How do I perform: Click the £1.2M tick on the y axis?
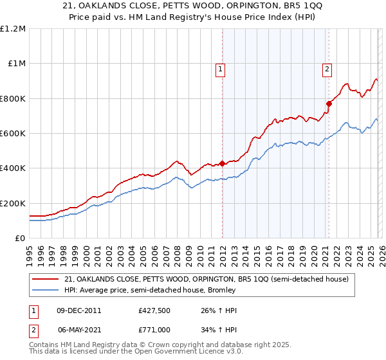pos(13,29)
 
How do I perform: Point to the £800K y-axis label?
pos(13,99)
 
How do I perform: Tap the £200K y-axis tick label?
pos(13,203)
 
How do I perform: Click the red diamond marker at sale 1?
pos(222,163)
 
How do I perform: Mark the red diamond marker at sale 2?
pos(329,104)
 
